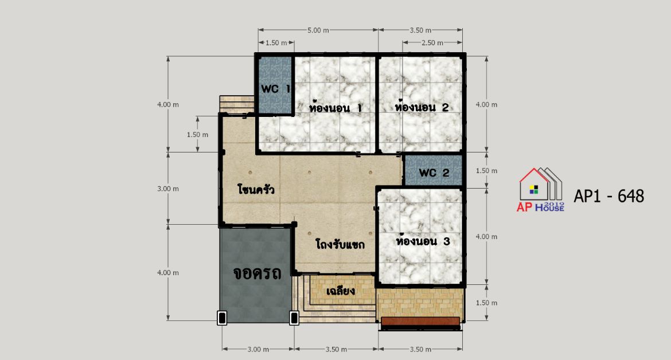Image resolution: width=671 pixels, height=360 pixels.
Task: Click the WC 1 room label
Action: tap(276, 89)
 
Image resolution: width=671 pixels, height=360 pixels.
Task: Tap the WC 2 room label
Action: tap(434, 173)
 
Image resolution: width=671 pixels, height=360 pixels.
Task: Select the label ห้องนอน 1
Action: tap(335, 107)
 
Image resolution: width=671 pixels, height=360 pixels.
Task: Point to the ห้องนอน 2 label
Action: tap(422, 107)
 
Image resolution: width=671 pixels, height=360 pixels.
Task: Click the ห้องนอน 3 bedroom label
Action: tap(423, 241)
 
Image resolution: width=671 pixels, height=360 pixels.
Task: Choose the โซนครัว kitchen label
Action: tap(256, 189)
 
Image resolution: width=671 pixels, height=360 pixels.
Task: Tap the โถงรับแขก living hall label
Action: tap(340, 245)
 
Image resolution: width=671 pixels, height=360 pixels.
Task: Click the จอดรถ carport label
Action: tap(257, 273)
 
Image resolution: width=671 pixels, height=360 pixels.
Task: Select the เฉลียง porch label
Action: tap(341, 291)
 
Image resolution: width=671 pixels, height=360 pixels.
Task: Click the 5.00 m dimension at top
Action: tap(318, 30)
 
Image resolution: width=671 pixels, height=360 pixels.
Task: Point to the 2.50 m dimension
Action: tap(432, 43)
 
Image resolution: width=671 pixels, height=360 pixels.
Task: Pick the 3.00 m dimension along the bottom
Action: tap(258, 349)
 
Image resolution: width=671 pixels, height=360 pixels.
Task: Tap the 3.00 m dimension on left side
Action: tap(168, 189)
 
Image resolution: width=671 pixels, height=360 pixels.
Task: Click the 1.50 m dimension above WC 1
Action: tap(276, 43)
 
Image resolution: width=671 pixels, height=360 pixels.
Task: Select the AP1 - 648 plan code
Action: tap(608, 196)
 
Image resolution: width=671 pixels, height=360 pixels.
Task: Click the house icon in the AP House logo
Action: tap(540, 185)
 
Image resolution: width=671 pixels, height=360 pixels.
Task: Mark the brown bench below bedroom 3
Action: tap(420, 322)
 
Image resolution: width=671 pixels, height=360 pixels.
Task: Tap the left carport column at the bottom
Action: tap(222, 318)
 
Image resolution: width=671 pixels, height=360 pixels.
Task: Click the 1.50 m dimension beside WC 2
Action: tap(486, 171)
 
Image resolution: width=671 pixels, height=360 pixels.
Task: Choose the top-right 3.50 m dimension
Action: tap(420, 30)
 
